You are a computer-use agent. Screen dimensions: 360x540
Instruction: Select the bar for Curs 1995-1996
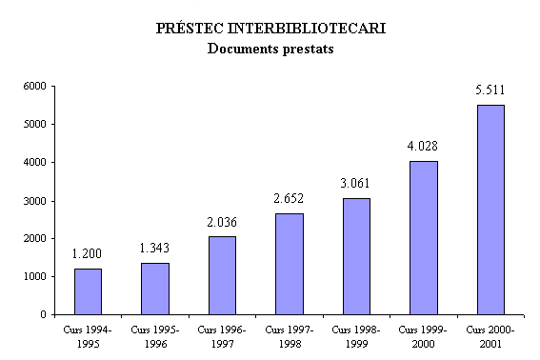coord(155,289)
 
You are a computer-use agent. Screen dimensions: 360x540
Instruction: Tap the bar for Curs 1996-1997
coord(222,275)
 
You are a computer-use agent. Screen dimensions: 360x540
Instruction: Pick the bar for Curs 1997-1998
coord(290,264)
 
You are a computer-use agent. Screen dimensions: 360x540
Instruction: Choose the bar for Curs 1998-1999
coord(356,256)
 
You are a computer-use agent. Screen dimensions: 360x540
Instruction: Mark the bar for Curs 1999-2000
coord(423,238)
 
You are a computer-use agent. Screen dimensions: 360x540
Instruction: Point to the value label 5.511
coord(490,90)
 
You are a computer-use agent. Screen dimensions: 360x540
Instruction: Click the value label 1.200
coord(88,254)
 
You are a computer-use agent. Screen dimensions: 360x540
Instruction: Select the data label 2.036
coord(222,222)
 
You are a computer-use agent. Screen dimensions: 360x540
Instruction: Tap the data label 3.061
coord(356,184)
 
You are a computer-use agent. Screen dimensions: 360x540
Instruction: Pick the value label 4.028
coord(423,147)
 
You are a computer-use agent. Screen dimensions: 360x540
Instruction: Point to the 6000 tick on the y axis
coord(35,86)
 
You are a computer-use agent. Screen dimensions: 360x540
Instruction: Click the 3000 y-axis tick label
coord(35,200)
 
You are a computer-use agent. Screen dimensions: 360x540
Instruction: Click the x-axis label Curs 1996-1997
coord(222,335)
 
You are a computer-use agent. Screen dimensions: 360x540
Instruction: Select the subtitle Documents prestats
coord(270,48)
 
